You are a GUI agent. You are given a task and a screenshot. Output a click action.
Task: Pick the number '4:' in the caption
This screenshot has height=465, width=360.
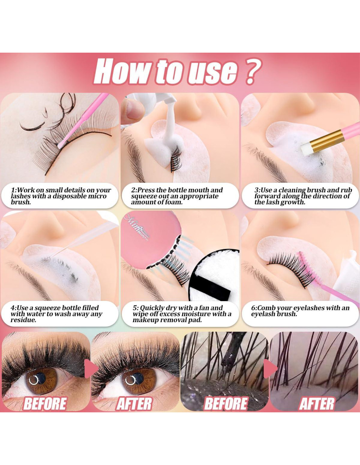[x=13, y=308]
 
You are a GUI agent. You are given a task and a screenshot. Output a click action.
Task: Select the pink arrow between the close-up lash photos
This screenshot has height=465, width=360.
[x=270, y=369]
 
